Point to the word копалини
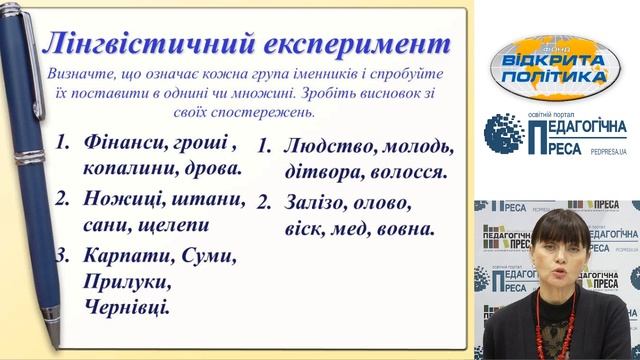(x=127, y=169)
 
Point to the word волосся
(x=405, y=171)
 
